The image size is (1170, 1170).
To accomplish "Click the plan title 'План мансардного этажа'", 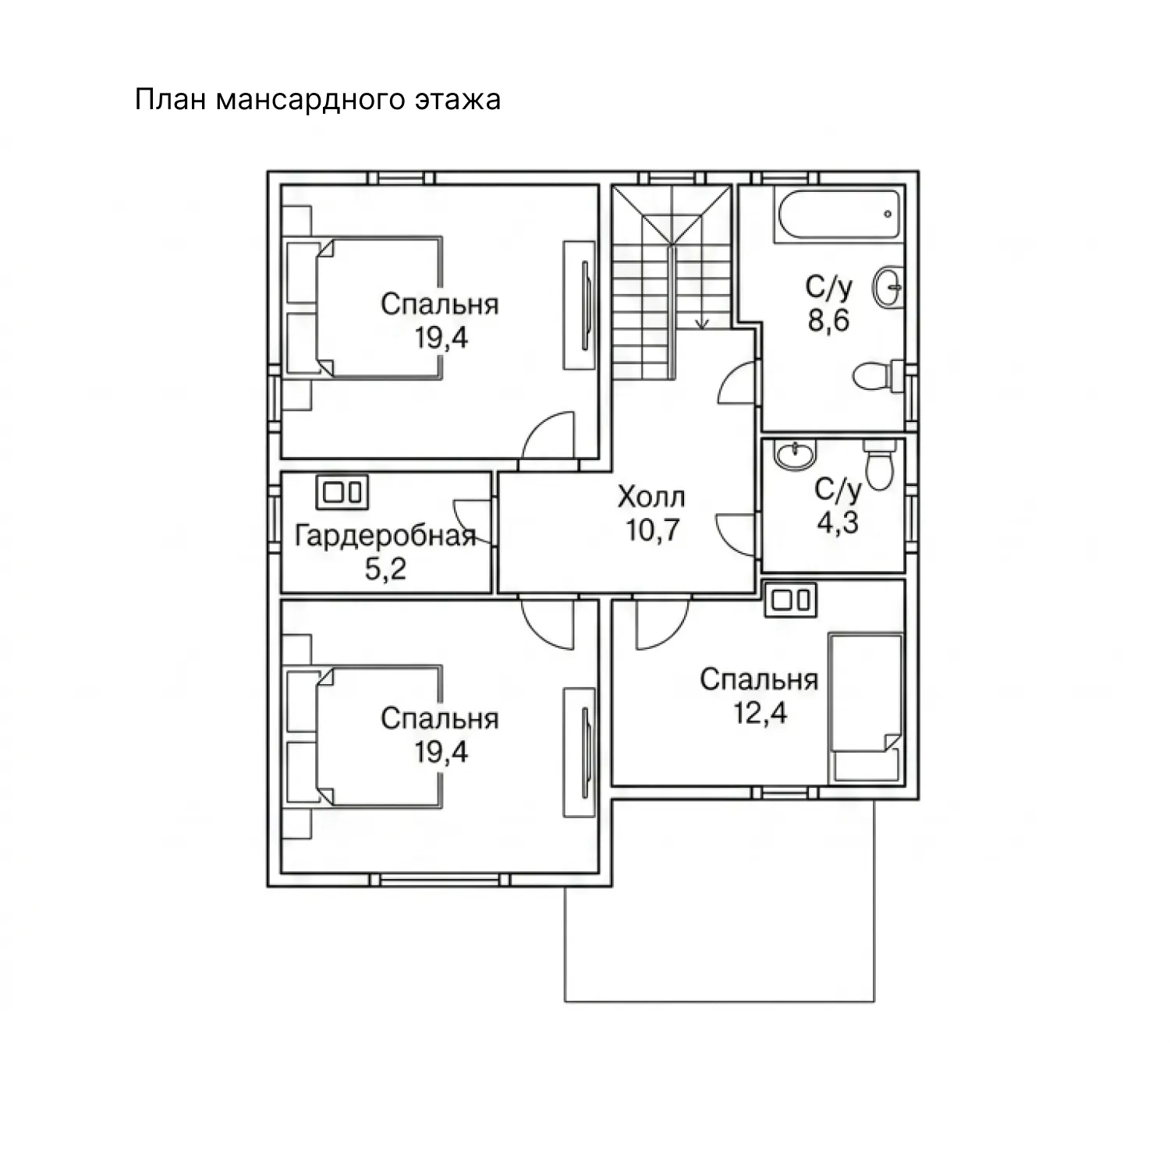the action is click(x=317, y=101).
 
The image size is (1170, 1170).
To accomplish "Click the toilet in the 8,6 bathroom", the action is click(x=878, y=378).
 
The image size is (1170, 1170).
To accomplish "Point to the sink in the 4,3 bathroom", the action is click(x=793, y=455).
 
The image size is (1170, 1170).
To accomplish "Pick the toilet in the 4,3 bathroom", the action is click(x=879, y=463).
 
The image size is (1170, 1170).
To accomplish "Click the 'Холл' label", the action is click(x=651, y=496).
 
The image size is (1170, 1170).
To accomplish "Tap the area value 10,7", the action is click(x=653, y=530).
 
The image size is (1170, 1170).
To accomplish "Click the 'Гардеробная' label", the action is click(x=386, y=536).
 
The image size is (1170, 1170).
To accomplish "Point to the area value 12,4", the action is click(x=760, y=713).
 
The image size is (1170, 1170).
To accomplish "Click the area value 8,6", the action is click(x=828, y=321).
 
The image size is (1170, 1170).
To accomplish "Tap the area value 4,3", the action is click(x=838, y=522).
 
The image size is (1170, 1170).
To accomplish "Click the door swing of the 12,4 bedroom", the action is click(x=663, y=624).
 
